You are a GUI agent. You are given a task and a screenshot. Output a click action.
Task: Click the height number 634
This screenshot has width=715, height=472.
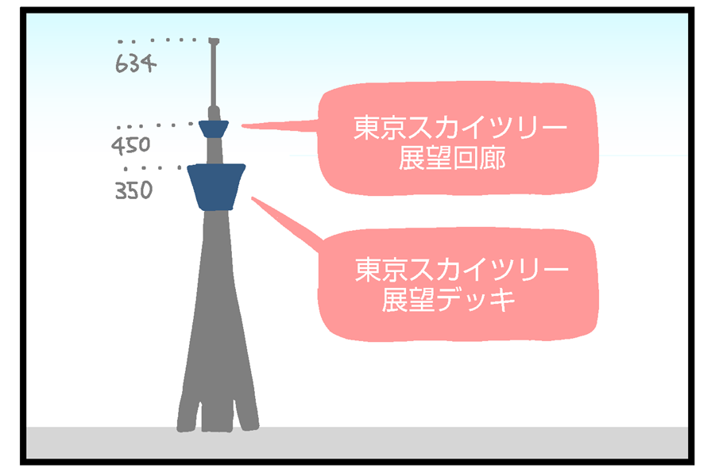[134, 63]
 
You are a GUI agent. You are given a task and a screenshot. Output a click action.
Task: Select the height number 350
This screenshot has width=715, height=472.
[133, 191]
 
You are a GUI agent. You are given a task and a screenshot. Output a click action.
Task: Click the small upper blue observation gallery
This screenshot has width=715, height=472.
[214, 129]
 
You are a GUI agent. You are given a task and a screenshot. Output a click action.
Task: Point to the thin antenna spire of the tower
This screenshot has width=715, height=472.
[213, 75]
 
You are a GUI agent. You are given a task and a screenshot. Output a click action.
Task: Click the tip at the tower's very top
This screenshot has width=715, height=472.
[213, 40]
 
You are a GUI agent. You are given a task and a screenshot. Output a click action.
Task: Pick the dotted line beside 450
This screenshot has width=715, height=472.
[155, 125]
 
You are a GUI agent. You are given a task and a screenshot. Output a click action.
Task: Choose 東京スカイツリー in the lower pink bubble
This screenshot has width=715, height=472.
[462, 271]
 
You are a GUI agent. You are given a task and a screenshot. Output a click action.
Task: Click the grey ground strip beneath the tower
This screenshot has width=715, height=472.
[477, 444]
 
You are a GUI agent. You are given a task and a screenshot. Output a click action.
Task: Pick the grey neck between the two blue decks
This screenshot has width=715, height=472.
[214, 151]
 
